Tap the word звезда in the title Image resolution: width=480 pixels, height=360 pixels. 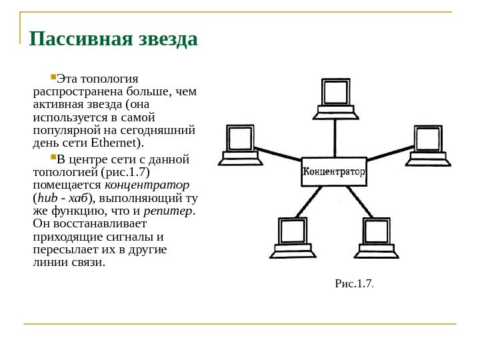167,39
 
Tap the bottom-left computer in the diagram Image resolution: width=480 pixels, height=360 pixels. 291,237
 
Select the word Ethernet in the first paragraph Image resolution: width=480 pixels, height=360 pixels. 119,143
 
